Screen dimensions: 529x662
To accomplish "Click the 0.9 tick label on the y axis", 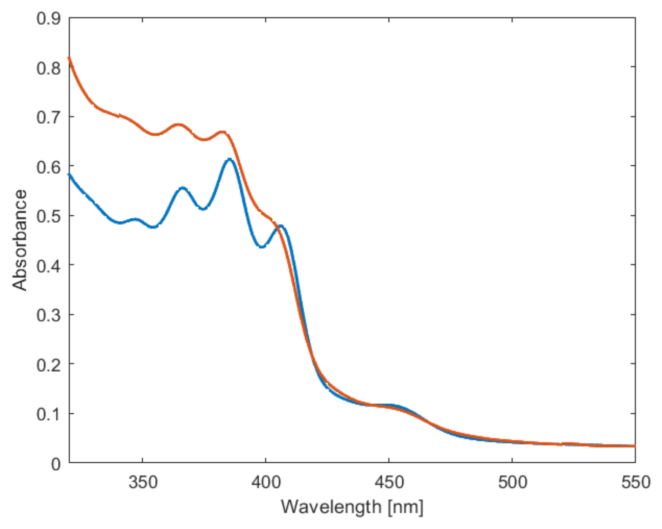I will pos(48,18).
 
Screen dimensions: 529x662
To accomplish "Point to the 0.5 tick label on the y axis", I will pos(48,216).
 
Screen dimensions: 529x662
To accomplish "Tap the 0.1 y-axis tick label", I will pos(48,414).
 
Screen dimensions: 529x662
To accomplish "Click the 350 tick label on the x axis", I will pos(143,482).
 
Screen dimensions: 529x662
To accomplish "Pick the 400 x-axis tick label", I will pos(266,482).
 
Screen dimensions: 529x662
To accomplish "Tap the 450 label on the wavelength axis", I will pos(389,482).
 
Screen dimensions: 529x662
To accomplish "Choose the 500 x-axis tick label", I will pos(512,482).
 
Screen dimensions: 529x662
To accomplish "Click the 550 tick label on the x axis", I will pos(635,482).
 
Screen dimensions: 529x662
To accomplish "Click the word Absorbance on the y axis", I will pos(20,240).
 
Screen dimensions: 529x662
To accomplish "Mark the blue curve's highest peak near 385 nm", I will pos(229,159).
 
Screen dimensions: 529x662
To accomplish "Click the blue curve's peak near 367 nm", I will pos(183,188).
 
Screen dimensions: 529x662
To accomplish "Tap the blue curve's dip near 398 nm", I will pos(262,247).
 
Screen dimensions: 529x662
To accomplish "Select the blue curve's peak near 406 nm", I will pos(281,226).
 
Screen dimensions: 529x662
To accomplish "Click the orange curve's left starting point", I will pos(69,58).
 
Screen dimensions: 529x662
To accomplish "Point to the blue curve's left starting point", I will pos(69,175).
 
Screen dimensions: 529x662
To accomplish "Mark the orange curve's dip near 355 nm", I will pos(155,134).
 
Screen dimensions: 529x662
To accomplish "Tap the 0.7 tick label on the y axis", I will pos(48,117).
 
